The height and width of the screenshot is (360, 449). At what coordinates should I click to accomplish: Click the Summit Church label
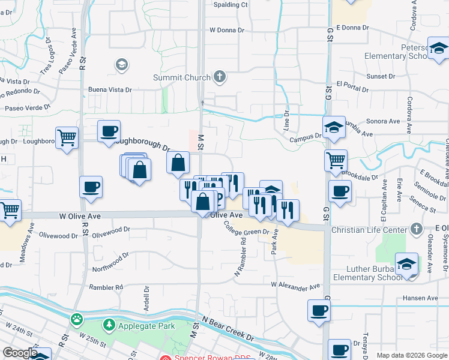[181, 77]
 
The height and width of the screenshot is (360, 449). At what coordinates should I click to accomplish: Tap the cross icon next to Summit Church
[220, 77]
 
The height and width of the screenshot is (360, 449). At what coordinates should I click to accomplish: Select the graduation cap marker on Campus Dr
[334, 127]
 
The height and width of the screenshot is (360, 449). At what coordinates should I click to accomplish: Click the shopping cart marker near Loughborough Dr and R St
[67, 137]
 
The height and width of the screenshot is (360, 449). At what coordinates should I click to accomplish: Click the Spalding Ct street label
[231, 4]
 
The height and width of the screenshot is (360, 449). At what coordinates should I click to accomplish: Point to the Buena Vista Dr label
[110, 89]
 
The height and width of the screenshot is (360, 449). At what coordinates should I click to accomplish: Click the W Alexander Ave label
[295, 285]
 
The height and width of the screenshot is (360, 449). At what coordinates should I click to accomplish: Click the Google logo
[20, 353]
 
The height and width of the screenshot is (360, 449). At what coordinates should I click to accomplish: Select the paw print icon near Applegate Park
[77, 318]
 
